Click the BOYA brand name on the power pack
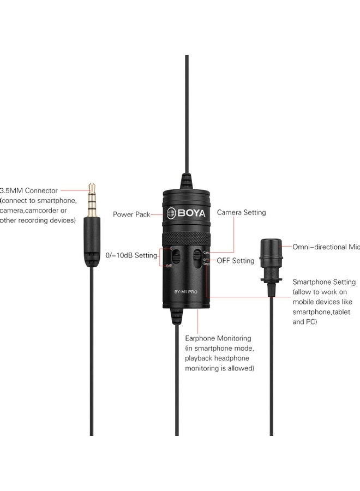pos(190,213)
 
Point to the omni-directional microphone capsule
pos(271,255)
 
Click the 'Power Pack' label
pos(131,214)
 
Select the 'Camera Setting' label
pos(242,212)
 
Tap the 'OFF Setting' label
pos(236,261)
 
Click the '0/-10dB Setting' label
pos(131,255)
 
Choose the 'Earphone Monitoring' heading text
pos(218,338)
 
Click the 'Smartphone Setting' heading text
pos(324,282)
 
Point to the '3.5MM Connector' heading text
pos(29,191)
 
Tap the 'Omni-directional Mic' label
pos(326,247)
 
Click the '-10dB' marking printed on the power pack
pos(169,266)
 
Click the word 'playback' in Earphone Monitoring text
pos(201,358)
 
